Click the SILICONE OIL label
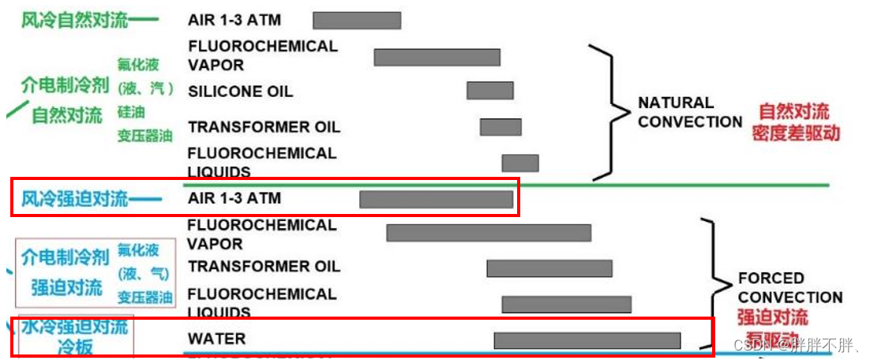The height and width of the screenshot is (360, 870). coord(240,92)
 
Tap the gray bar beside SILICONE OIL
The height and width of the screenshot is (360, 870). coord(489,91)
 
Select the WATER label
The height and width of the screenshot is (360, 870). coord(216,339)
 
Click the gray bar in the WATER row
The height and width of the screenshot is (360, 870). coord(587,340)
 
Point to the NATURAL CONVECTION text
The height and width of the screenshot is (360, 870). coord(689,112)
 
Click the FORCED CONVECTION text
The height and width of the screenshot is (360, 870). coord(789,288)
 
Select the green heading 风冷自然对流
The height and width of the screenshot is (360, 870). coord(74,20)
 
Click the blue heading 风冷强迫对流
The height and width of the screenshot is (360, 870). coord(74,198)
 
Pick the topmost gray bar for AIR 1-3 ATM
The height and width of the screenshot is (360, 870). coord(356,21)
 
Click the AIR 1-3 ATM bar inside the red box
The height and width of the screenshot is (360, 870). coord(436,199)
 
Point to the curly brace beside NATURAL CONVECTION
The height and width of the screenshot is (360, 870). coord(608,111)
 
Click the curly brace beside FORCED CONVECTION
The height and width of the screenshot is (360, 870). coord(714,283)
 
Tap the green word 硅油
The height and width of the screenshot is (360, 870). coord(131,113)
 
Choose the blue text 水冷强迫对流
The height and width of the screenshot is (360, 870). coord(74,326)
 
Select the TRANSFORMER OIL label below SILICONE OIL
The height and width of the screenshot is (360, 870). coord(264,127)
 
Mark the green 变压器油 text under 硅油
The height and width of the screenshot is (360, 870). coord(144,136)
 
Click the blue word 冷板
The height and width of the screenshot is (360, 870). coord(76,346)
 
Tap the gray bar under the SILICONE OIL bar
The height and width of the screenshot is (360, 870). coord(501,127)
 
